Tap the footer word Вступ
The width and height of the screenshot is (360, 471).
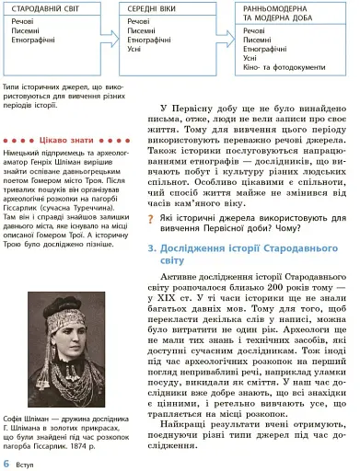pos(26,463)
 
